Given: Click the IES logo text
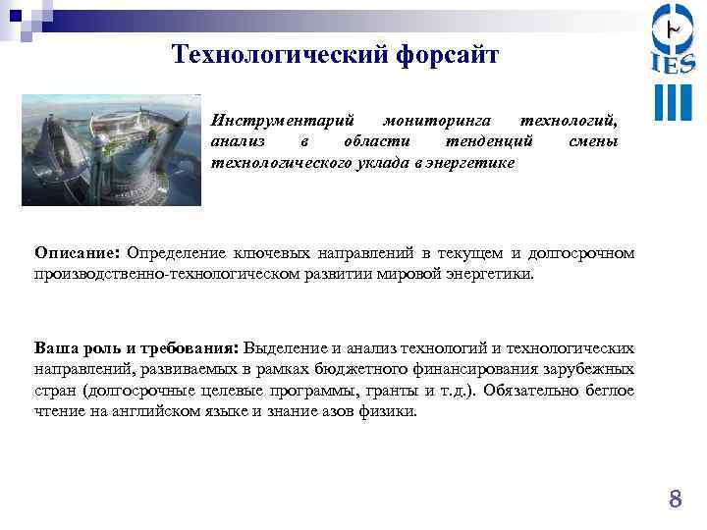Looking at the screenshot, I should (x=673, y=64).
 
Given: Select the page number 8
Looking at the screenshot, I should (x=675, y=500).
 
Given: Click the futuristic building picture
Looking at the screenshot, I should (x=111, y=149).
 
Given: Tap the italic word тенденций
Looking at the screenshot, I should (x=487, y=141).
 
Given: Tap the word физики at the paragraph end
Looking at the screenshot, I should (x=388, y=412).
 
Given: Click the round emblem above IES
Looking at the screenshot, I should (x=673, y=27).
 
